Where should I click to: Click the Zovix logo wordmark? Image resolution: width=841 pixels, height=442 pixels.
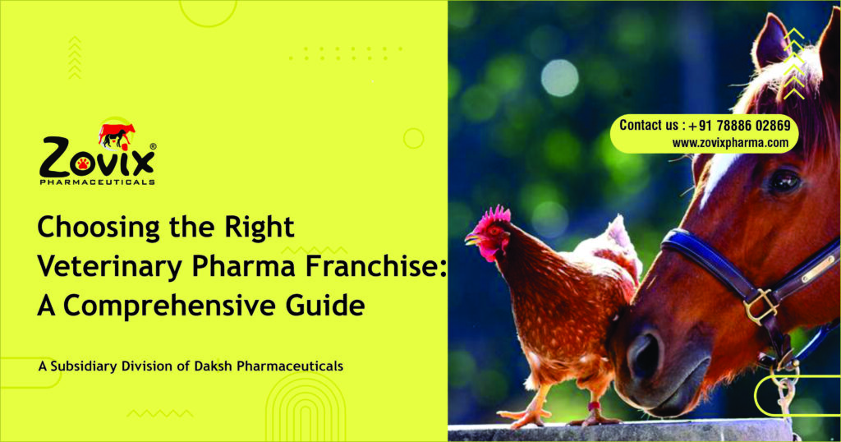(97, 157)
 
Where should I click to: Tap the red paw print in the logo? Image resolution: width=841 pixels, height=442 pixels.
(83, 163)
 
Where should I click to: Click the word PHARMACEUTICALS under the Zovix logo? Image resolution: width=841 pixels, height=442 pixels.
(97, 182)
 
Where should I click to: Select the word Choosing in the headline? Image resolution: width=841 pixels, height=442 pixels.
(99, 228)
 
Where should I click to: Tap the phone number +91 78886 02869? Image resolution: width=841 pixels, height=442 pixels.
(740, 126)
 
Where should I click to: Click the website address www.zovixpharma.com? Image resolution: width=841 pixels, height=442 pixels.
(730, 143)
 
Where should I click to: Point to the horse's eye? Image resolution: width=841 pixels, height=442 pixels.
(784, 182)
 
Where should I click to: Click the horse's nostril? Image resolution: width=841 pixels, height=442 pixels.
(645, 353)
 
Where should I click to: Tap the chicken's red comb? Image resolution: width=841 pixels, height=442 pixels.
(495, 215)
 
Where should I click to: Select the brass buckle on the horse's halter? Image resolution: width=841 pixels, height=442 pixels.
(761, 306)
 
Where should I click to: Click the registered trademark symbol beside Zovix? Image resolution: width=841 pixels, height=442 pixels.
(153, 146)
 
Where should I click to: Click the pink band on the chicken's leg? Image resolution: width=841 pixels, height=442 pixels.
(593, 406)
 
